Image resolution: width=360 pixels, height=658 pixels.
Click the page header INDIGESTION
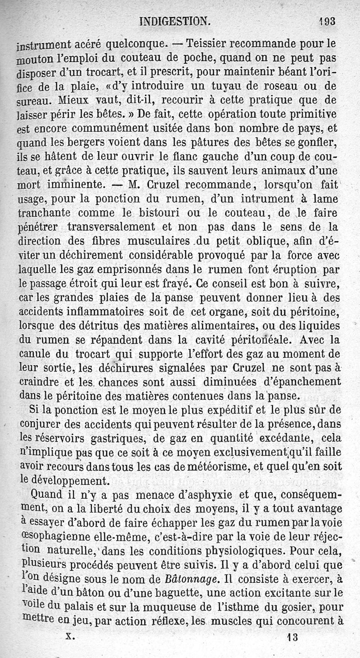pyautogui.click(x=174, y=21)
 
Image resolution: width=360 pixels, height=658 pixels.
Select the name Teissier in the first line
pyautogui.click(x=208, y=44)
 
